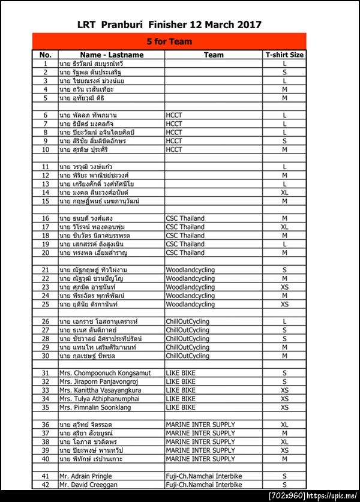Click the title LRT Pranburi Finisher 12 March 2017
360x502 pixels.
coord(169,25)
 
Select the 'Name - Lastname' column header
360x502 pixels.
coord(111,55)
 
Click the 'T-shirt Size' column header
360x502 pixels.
coord(284,55)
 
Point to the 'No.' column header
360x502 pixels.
coord(45,55)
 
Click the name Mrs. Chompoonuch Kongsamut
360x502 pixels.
coord(104,373)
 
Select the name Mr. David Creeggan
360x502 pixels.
coord(88,485)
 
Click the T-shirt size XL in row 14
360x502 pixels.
coord(284,193)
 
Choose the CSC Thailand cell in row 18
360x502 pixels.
coord(185,236)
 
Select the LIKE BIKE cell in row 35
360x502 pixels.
coord(181,407)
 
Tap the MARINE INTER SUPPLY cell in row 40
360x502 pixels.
coord(200,459)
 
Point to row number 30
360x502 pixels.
coord(45,356)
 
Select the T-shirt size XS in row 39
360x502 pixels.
coord(284,450)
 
